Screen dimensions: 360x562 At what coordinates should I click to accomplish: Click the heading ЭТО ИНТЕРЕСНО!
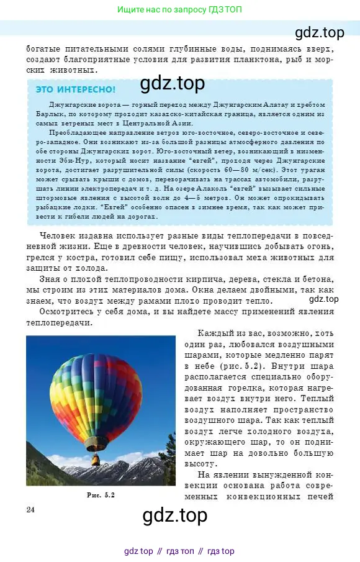tap(75, 89)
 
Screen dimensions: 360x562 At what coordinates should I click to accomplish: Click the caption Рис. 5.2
tap(101, 495)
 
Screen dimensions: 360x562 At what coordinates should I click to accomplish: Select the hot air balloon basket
tap(96, 460)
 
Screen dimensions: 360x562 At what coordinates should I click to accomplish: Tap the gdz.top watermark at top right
tap(319, 32)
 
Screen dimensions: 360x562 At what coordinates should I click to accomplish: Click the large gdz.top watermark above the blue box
tap(172, 83)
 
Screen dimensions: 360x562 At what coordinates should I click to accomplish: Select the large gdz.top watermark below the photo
tap(174, 515)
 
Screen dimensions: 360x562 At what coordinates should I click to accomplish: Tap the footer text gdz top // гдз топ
tap(179, 551)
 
